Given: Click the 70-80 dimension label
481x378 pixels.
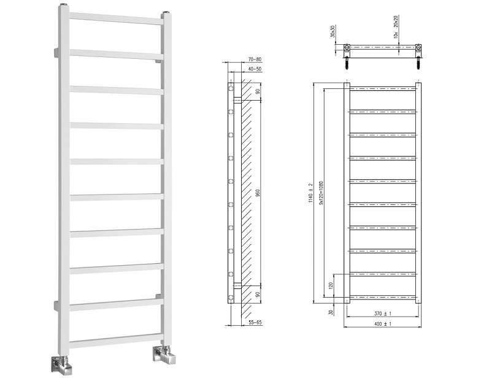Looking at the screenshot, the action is click(256, 59).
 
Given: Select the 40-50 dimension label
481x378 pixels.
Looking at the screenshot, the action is click(255, 69).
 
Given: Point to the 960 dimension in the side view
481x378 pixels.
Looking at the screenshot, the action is click(258, 193).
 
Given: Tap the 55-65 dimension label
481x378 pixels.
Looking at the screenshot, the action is click(256, 323).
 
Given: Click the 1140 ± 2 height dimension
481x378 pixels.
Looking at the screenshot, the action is click(310, 193).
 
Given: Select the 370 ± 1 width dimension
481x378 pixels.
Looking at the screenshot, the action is click(383, 313).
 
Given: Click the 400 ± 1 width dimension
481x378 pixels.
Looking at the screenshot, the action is click(383, 323).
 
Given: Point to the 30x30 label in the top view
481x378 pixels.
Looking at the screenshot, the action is click(333, 32).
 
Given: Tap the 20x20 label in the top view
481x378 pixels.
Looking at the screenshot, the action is click(396, 21).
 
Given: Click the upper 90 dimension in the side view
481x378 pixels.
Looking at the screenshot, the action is click(258, 91).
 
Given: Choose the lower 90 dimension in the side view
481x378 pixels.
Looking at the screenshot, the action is click(258, 295).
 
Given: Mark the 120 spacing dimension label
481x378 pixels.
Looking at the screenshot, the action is click(330, 286).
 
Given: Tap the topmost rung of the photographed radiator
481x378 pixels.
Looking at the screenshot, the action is click(116, 18).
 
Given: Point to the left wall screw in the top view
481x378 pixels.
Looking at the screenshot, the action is click(347, 63).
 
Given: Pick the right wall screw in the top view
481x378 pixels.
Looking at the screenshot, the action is click(418, 63).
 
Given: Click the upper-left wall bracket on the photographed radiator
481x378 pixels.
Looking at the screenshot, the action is click(56, 53).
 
